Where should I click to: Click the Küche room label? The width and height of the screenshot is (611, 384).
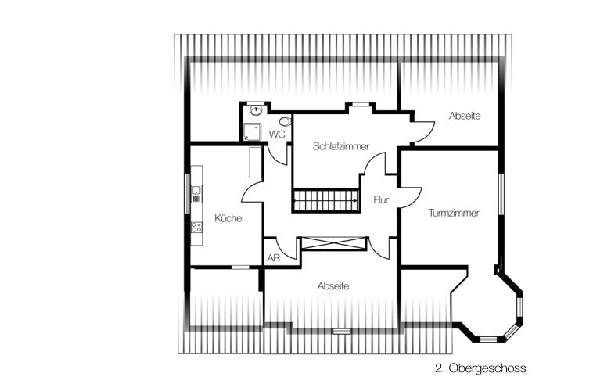tap(228, 218)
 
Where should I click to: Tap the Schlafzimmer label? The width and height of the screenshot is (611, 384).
tap(341, 146)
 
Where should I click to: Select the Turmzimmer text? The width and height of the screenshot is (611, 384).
tap(454, 213)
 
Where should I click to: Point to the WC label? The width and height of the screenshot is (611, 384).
tap(277, 135)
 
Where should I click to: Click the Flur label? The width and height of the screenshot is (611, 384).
tap(381, 200)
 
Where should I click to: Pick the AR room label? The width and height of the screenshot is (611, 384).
tap(274, 258)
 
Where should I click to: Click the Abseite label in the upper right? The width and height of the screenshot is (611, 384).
tap(465, 116)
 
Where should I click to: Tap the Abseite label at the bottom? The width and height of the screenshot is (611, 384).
tap(333, 286)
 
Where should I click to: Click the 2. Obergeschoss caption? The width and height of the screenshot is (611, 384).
tap(480, 368)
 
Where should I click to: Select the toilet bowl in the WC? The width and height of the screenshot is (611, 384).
tap(286, 121)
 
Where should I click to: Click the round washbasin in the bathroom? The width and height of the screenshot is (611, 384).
tap(255, 110)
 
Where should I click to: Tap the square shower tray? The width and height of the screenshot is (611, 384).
tap(252, 132)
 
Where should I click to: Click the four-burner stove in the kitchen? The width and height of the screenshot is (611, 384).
tap(196, 227)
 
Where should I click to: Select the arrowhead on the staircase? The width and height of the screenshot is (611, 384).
tap(355, 200)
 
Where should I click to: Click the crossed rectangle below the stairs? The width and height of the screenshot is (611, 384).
tap(334, 243)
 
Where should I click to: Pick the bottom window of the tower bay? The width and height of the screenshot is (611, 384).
tap(488, 339)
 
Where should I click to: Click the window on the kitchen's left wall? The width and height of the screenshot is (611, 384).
tap(187, 193)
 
